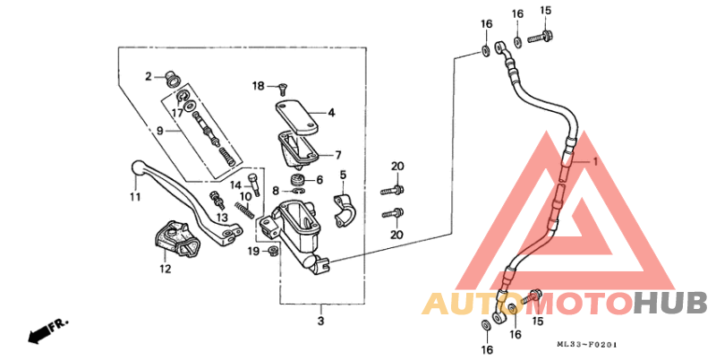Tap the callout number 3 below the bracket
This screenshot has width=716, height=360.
point(320,320)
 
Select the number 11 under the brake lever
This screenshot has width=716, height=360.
point(134,196)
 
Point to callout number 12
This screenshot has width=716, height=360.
point(166,268)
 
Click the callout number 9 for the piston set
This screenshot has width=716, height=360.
point(159,131)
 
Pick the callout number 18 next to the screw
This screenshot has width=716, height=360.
point(258,86)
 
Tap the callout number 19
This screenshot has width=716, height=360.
point(254,253)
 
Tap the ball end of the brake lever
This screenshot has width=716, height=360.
point(137,167)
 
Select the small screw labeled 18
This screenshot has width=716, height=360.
point(279,88)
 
